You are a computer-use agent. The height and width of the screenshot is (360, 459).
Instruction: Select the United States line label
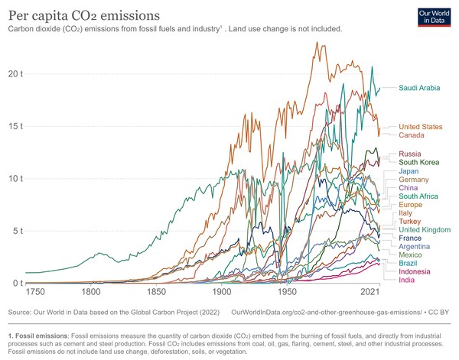[x=421, y=126]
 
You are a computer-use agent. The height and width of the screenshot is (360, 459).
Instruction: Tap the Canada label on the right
[x=412, y=135]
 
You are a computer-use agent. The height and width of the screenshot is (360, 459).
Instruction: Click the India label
[x=407, y=280]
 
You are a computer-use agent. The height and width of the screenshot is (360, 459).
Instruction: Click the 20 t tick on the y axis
[x=15, y=73]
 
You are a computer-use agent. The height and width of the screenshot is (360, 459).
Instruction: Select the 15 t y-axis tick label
[x=15, y=125]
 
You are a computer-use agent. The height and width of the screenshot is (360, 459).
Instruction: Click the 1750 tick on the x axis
[x=35, y=293]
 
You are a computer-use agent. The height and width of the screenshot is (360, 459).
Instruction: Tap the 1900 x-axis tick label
[x=223, y=293]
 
